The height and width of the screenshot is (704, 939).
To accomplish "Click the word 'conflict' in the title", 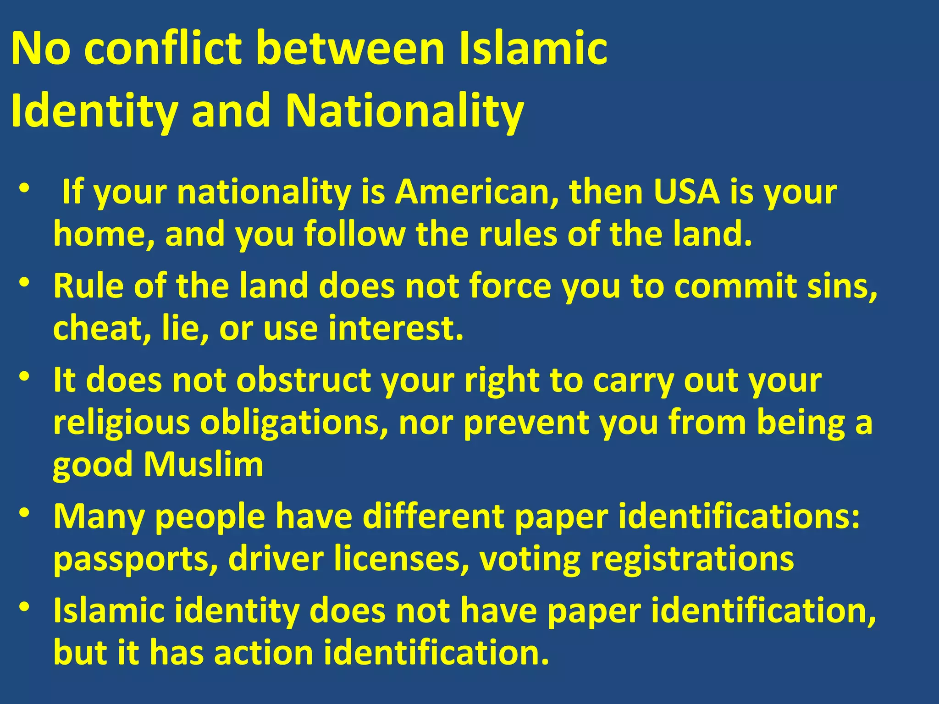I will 163,48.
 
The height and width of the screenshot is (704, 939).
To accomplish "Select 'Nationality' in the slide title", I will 404,111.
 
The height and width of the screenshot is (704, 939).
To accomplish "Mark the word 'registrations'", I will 692,560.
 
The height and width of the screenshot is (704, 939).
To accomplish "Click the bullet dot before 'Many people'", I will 25,511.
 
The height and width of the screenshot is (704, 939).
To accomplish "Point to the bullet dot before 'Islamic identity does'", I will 25,606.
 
